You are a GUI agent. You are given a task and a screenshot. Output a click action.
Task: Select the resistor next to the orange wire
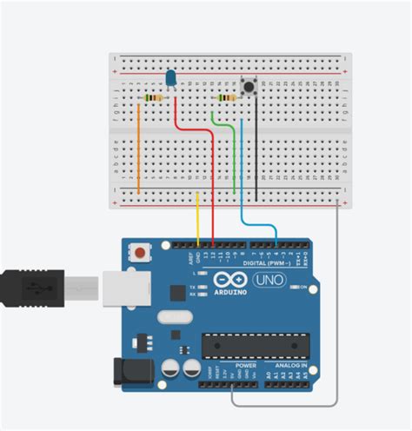click(x=154, y=98)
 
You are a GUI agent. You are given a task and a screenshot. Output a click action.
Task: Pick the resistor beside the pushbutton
click(x=228, y=98)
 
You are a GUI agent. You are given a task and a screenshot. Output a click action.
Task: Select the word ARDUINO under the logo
click(x=233, y=293)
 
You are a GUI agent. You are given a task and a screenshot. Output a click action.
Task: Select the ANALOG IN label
click(x=292, y=366)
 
